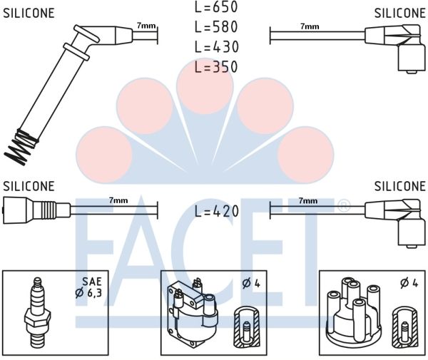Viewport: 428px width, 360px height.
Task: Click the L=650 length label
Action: pyautogui.click(x=216, y=8)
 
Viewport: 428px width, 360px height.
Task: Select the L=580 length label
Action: pyautogui.click(x=216, y=28)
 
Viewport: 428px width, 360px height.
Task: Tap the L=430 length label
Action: pyautogui.click(x=216, y=48)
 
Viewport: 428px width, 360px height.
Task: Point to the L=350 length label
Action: pyautogui.click(x=216, y=68)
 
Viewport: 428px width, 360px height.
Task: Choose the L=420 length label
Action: pyautogui.click(x=216, y=212)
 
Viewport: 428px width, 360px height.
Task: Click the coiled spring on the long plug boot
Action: pyautogui.click(x=21, y=145)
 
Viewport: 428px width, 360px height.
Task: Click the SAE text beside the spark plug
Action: pyautogui.click(x=91, y=281)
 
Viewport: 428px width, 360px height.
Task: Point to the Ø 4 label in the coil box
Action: pyautogui.click(x=250, y=283)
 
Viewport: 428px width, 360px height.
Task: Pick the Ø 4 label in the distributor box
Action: pyautogui.click(x=409, y=283)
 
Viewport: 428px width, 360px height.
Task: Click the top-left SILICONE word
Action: pyautogui.click(x=29, y=14)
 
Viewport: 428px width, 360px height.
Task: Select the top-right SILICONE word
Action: pyautogui.click(x=399, y=14)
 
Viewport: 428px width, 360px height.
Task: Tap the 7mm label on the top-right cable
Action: pyautogui.click(x=309, y=26)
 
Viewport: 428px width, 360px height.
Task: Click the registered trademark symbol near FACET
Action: pyautogui.click(x=343, y=206)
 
